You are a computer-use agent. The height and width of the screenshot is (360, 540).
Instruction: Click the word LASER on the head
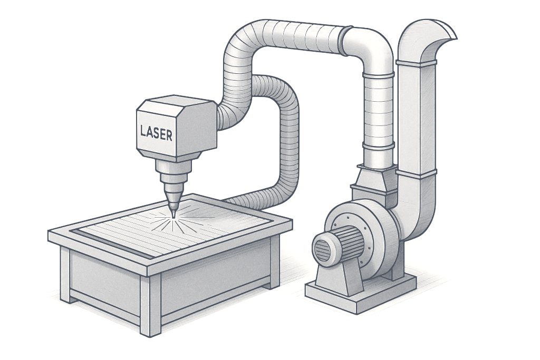(156, 132)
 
